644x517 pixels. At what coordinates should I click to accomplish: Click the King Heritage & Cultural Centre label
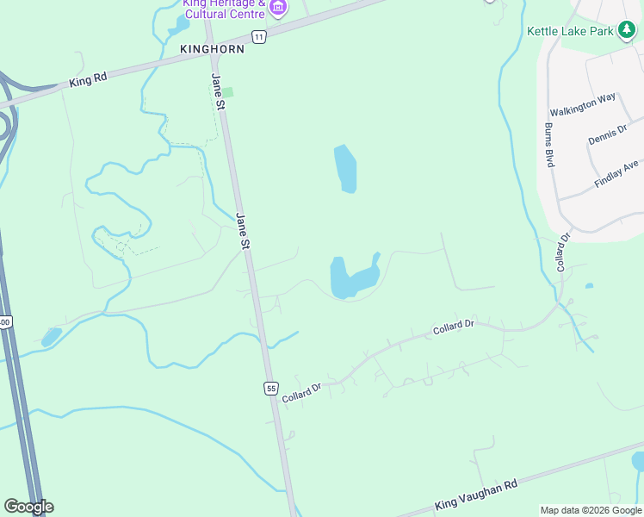click(x=224, y=8)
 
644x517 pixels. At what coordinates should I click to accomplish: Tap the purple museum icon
click(x=277, y=9)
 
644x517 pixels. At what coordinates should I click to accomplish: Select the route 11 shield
click(x=258, y=35)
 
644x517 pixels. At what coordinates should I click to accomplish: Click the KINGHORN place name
click(x=213, y=49)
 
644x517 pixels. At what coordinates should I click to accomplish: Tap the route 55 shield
click(x=271, y=389)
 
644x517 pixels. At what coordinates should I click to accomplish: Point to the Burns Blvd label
click(x=548, y=144)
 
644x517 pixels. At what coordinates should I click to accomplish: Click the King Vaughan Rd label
click(x=476, y=495)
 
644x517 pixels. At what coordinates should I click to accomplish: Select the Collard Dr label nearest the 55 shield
click(x=301, y=389)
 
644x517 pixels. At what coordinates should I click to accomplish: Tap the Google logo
click(x=28, y=507)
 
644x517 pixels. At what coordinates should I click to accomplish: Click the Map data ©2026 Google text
click(x=591, y=510)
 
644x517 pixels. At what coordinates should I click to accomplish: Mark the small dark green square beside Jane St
click(x=228, y=92)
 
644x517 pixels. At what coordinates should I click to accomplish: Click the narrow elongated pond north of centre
click(x=345, y=168)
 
